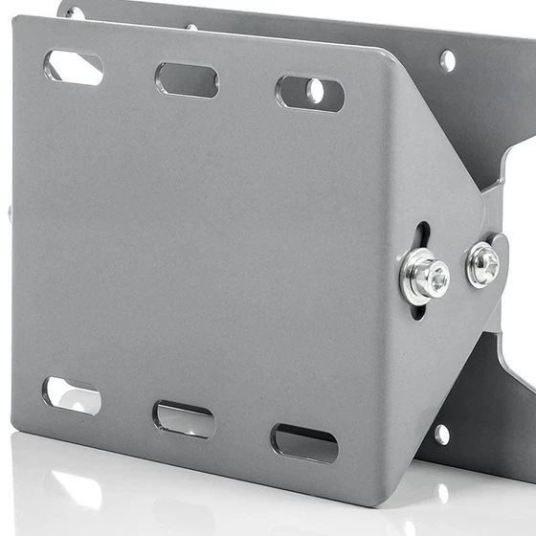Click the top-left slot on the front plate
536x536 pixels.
tap(73, 66)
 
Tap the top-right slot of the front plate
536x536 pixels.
tap(309, 93)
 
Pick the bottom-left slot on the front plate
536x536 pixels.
tap(72, 394)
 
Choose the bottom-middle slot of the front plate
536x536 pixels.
tap(184, 418)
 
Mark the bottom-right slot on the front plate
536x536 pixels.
tap(304, 442)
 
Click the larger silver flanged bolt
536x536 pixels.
tap(424, 277)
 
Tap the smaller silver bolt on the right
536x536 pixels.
tap(482, 263)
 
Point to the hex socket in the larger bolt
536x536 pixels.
tap(436, 279)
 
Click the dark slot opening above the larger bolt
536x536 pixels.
tap(422, 236)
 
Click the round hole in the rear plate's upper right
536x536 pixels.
tap(447, 60)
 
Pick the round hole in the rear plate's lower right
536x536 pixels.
tap(441, 434)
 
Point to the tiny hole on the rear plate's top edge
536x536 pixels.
tap(191, 26)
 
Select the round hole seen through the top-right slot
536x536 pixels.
tap(316, 91)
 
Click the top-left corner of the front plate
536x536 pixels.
tap(17, 21)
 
